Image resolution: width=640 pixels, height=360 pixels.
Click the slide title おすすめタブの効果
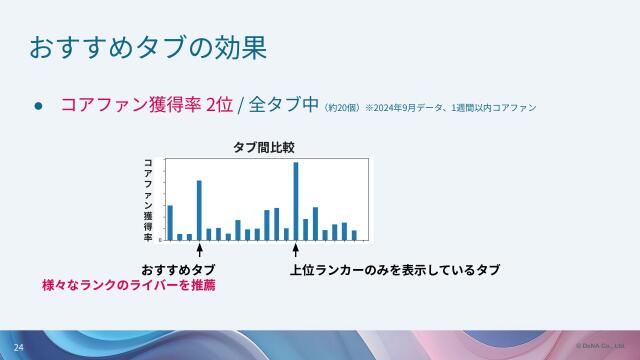pos(147,47)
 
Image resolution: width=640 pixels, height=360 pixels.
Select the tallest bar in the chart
pos(296,200)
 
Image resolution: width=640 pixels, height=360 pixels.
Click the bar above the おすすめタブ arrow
pos(199,210)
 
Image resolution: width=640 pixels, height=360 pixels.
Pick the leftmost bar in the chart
pos(170,222)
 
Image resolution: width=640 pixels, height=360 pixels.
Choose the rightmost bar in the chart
pos(354,235)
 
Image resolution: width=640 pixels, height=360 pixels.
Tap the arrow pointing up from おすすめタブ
pos(199,251)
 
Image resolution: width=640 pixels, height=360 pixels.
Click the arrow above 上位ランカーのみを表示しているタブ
pos(296,251)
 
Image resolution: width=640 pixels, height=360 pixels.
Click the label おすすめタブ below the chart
pos(178,271)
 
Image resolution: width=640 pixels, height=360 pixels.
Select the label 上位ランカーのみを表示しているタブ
pos(394,271)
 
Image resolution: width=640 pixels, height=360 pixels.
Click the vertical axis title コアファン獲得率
pos(148,200)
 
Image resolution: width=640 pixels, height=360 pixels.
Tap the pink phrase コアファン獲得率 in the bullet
pos(131,105)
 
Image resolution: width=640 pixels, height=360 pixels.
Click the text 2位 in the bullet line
pos(219,105)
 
